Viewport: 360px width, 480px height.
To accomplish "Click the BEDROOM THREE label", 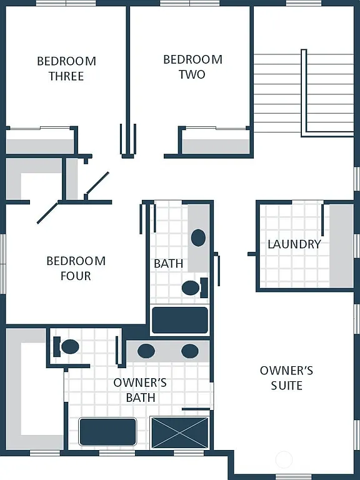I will coord(66,69).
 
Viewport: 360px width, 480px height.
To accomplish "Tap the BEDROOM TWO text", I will coord(192,67).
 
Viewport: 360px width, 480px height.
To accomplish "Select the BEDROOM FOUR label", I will coord(76,268).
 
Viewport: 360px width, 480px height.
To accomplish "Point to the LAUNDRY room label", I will coord(294,244).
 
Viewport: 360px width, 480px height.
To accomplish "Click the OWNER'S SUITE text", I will coord(287,377).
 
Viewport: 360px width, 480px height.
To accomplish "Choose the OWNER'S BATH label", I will coord(140,390).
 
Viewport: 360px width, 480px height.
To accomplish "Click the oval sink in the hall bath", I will coord(198,237).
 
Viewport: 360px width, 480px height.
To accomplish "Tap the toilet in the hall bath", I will coord(191,288).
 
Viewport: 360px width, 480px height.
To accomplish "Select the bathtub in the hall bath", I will coord(180,319).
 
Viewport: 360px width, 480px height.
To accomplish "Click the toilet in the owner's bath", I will coord(69,346).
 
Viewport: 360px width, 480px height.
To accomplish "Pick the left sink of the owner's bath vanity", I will coord(146,351).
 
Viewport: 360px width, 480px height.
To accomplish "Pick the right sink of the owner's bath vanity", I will coord(190,351).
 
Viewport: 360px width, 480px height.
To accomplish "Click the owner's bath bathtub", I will coord(107,432).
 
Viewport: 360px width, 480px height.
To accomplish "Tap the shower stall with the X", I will coord(181,432).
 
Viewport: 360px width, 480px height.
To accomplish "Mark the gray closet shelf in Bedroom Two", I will coord(215,146).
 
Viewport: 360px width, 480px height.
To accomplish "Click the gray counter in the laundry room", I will coord(341,246).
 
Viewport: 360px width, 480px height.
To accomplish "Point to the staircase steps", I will coord(278,94).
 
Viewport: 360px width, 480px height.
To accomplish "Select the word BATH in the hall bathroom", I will coord(169,264).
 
